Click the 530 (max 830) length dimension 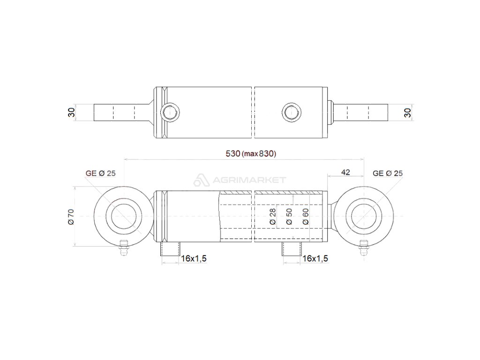pos(251,153)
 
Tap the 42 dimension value pos(345,172)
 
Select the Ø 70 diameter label pos(71,217)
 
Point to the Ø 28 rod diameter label pos(272,217)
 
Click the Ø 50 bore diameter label pos(289,217)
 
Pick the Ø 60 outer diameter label pos(306,217)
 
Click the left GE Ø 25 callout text pos(101,173)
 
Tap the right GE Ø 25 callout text pos(388,173)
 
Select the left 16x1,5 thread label pos(194,259)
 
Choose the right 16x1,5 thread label pos(315,259)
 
